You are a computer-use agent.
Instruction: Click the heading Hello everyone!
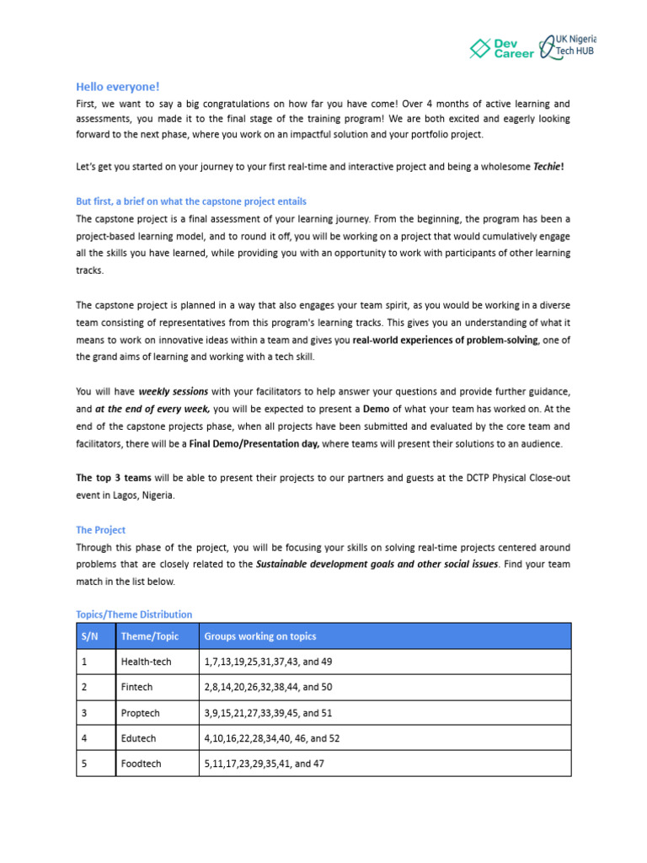coord(117,86)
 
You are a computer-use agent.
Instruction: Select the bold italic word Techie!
coord(548,167)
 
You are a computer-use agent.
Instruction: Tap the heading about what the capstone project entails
coord(191,201)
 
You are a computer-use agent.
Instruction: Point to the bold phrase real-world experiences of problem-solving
coord(446,340)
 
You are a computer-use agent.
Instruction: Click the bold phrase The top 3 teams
coord(114,478)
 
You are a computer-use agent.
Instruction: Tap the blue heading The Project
coord(100,530)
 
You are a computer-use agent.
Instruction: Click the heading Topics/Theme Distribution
coord(134,614)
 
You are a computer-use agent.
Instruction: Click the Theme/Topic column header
coord(149,636)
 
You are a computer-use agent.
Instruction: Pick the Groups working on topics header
coord(260,636)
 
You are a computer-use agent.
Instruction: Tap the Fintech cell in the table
coord(136,688)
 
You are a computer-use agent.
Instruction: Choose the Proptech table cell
coord(140,713)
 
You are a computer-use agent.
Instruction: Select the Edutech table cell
coord(139,738)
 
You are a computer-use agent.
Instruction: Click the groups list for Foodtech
coord(265,764)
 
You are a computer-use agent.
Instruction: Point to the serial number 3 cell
coord(85,713)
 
